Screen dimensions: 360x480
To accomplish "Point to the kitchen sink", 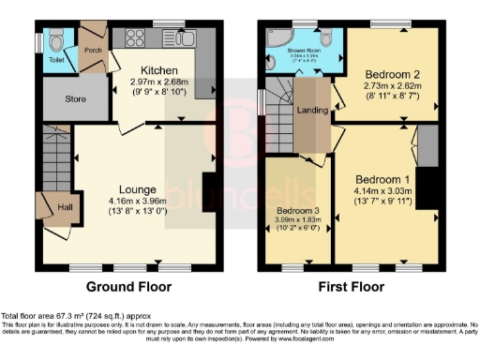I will coord(184,39).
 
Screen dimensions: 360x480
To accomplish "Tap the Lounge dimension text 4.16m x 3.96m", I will coord(136,200).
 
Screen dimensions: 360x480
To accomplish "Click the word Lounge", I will coord(136,188).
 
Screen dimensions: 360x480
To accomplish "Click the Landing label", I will coord(312,111).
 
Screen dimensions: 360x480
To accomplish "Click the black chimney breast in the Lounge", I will coord(208,184).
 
